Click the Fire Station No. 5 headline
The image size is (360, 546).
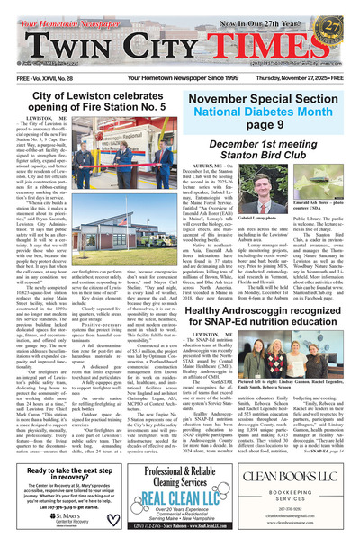[90, 78]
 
